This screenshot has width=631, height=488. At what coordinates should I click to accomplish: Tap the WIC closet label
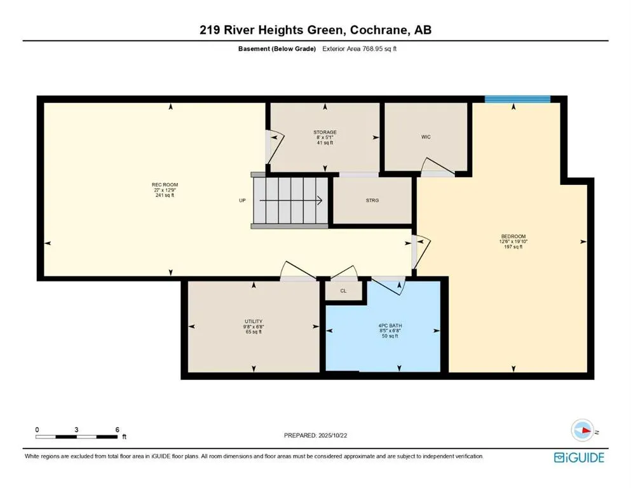pos(426,137)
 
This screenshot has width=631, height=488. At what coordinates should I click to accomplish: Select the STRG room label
pos(372,200)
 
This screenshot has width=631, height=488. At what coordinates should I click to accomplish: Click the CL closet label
pos(343,290)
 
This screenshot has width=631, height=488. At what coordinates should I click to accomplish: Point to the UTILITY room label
pos(254,322)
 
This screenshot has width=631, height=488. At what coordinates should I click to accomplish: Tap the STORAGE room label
pos(325,132)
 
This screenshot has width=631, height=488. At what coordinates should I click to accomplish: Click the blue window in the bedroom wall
pos(517,98)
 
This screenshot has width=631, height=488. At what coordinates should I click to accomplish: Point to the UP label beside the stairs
pos(242,200)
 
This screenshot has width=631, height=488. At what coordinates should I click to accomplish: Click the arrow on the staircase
pos(299,201)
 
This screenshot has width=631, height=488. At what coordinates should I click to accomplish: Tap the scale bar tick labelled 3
pos(76,430)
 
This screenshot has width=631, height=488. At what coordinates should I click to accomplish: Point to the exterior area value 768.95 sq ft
pos(375,48)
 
